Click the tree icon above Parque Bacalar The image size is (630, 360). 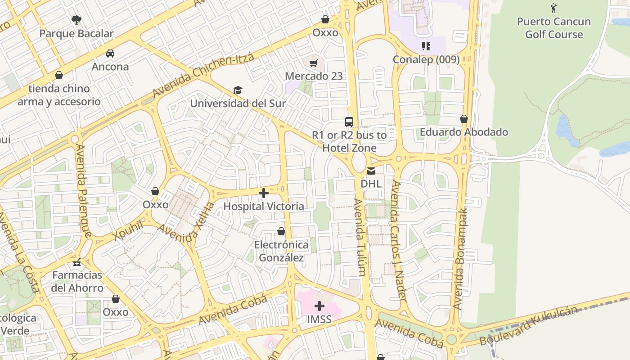[76, 20]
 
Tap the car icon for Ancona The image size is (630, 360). [110, 54]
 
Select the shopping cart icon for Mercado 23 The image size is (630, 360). [314, 63]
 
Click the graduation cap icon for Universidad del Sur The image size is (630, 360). [238, 90]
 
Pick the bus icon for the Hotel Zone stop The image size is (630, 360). [349, 121]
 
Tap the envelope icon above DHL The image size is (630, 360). [371, 171]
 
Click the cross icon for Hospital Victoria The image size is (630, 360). [264, 193]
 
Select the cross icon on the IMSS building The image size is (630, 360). [319, 306]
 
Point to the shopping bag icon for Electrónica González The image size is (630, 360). [281, 232]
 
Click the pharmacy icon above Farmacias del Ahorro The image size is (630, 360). [77, 262]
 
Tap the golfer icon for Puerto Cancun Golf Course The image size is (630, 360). [553, 8]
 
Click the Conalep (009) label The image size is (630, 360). [426, 59]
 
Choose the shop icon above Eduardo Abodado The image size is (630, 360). [464, 119]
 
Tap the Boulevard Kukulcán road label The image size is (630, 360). [528, 325]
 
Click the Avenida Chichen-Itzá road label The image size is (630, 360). [203, 76]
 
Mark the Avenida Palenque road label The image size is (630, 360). [84, 191]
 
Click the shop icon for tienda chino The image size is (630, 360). [59, 75]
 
